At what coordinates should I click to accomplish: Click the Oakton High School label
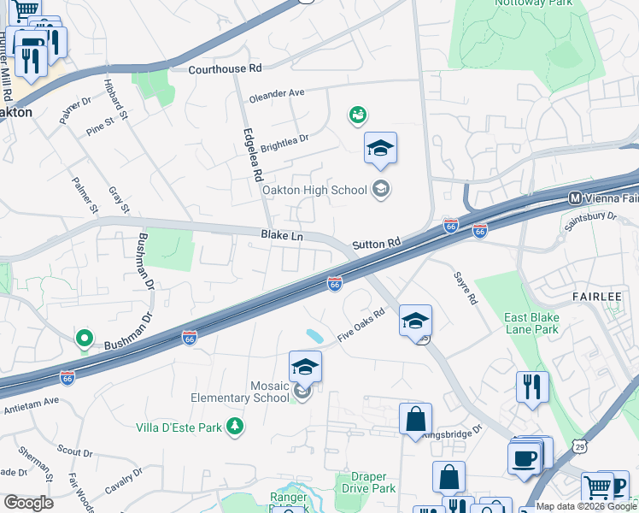click(314, 190)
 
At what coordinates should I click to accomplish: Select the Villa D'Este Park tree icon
click(234, 426)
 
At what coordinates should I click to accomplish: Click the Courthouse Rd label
click(225, 68)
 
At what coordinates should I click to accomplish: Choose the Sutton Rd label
click(376, 244)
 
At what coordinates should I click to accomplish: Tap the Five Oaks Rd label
click(361, 326)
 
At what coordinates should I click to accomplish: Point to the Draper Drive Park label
click(369, 482)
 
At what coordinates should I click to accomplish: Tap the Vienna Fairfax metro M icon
click(576, 198)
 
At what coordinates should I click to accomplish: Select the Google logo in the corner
click(28, 502)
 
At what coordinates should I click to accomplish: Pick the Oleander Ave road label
click(277, 95)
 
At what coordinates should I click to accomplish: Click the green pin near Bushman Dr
click(84, 339)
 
